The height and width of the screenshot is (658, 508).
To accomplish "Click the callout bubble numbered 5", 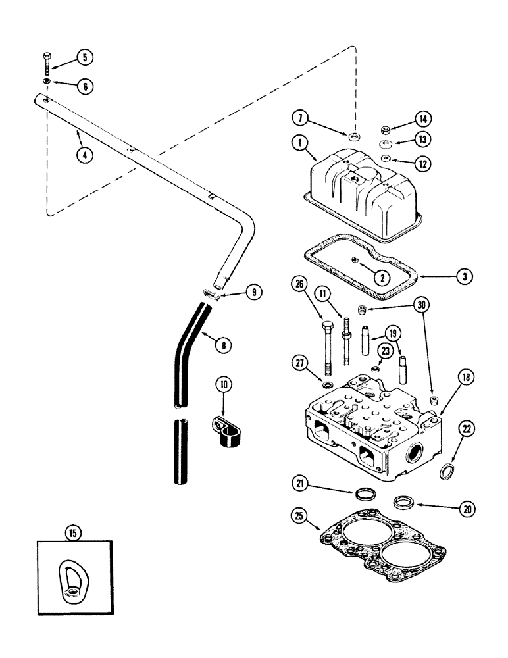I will pyautogui.click(x=84, y=58).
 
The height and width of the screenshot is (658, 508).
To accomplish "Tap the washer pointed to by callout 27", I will pyautogui.click(x=327, y=384).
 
